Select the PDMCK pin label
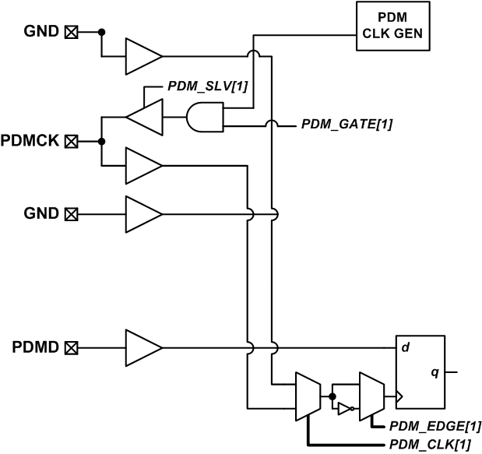pos(31,141)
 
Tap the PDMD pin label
pos(34,345)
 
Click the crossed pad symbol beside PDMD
pos(71,345)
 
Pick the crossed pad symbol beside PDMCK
pos(71,141)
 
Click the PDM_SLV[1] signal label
pos(208,85)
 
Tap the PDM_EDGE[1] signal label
pos(427,426)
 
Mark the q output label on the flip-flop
pos(435,373)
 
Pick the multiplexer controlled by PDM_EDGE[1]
pos(370,396)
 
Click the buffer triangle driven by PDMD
pos(142,345)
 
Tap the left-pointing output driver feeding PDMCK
pos(144,118)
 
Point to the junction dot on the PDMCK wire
pos(101,141)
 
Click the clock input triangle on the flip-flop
pos(400,396)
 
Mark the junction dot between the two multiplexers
pos(332,396)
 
